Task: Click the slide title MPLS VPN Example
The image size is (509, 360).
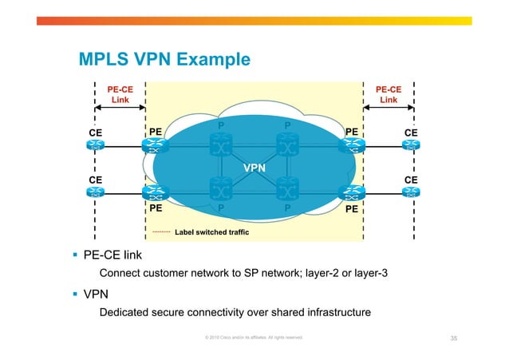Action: pos(164,60)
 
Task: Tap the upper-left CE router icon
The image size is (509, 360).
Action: pos(96,146)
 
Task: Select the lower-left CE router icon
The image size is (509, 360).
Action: pos(96,192)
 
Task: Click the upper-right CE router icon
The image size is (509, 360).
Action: pos(411,146)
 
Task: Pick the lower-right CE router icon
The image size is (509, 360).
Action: pos(411,192)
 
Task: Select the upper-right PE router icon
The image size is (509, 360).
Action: pos(350,146)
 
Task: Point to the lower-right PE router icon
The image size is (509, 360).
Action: pos(350,192)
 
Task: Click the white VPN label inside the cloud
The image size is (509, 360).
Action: pos(254,169)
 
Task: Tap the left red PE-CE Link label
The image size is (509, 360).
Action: pos(120,95)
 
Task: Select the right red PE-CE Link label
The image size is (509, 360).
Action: pos(389,95)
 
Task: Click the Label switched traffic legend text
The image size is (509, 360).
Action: pos(211,232)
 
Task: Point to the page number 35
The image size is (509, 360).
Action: pos(453,339)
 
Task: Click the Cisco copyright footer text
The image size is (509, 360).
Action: pos(254,338)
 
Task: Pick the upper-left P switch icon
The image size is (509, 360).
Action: pos(219,146)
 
